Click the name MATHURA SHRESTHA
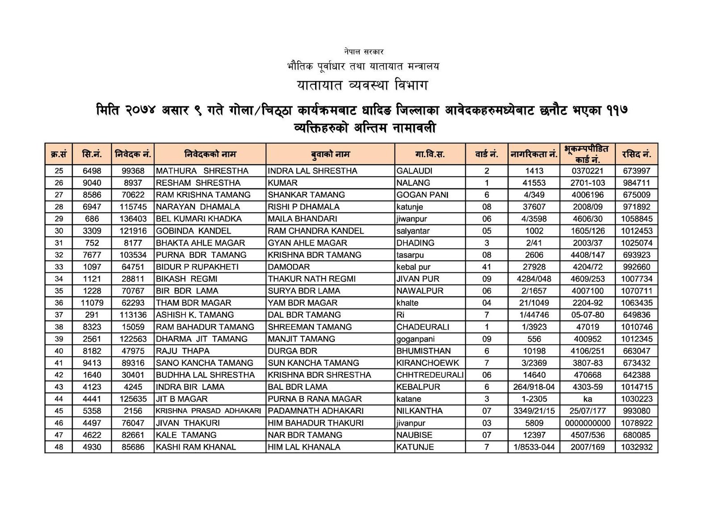tap(202, 171)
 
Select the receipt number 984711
tap(636, 183)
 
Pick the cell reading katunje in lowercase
tap(409, 207)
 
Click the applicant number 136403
tap(133, 219)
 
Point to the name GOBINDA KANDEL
tap(193, 231)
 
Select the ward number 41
tap(486, 267)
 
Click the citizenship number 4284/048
tap(534, 279)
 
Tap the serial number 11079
tap(92, 303)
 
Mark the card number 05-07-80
tap(587, 315)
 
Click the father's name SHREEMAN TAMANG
tap(310, 327)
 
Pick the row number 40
tap(59, 351)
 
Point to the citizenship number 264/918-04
tap(534, 387)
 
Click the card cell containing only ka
tap(587, 399)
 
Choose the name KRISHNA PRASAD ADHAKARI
tap(208, 411)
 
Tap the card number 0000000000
tap(587, 423)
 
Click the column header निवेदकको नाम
tap(210, 154)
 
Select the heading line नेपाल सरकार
tap(364, 52)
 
